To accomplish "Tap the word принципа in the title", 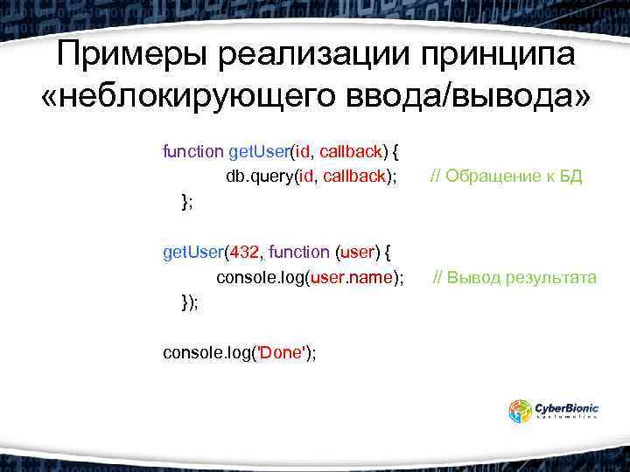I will tap(500, 57).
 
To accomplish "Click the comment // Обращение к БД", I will tap(506, 177).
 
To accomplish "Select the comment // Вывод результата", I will tap(515, 278).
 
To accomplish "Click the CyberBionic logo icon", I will tap(521, 411).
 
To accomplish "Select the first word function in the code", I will tap(192, 151).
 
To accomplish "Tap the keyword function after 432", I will tap(299, 253).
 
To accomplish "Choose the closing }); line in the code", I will tap(189, 302).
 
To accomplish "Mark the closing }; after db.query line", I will tap(186, 202).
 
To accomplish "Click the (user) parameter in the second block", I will tap(356, 253).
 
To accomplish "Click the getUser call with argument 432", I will tap(194, 253).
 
